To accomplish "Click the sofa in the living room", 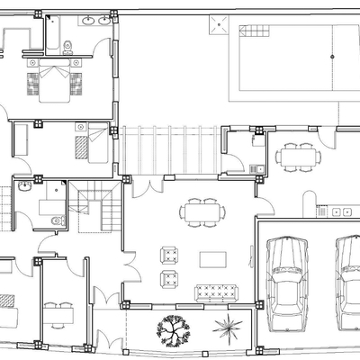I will coord(216,292).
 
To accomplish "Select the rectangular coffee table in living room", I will coord(213,259).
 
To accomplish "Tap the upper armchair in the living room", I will coord(168,255).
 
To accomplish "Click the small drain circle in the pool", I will coord(332,57).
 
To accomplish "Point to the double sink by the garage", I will coord(341,212).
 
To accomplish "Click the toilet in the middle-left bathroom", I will coord(57,220).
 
